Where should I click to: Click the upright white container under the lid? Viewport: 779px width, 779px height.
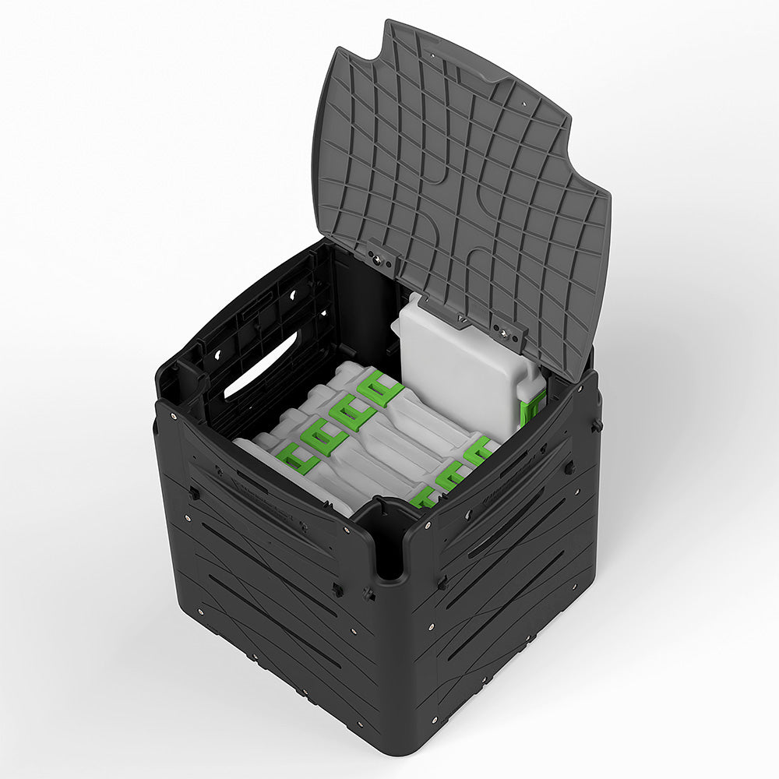(x=467, y=366)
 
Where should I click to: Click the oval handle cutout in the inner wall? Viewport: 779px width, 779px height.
(x=260, y=365)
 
